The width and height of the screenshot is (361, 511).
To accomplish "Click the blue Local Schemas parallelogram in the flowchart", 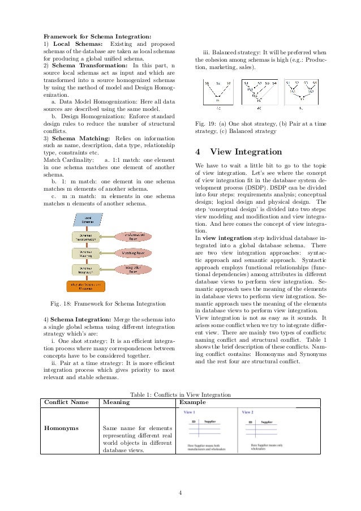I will (88, 218).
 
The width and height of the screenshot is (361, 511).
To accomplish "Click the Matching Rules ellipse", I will (133, 252).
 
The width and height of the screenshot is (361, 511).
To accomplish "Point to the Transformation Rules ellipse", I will (133, 236).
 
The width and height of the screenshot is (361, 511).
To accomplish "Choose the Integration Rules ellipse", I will (133, 269).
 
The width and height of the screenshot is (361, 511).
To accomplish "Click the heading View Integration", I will (246, 152).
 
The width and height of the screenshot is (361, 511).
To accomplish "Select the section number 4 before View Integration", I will (197, 152).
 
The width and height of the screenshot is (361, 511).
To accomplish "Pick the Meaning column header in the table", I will (116, 402).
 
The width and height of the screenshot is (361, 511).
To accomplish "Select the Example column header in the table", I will (192, 402).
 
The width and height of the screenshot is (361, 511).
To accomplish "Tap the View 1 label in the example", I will (190, 412).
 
